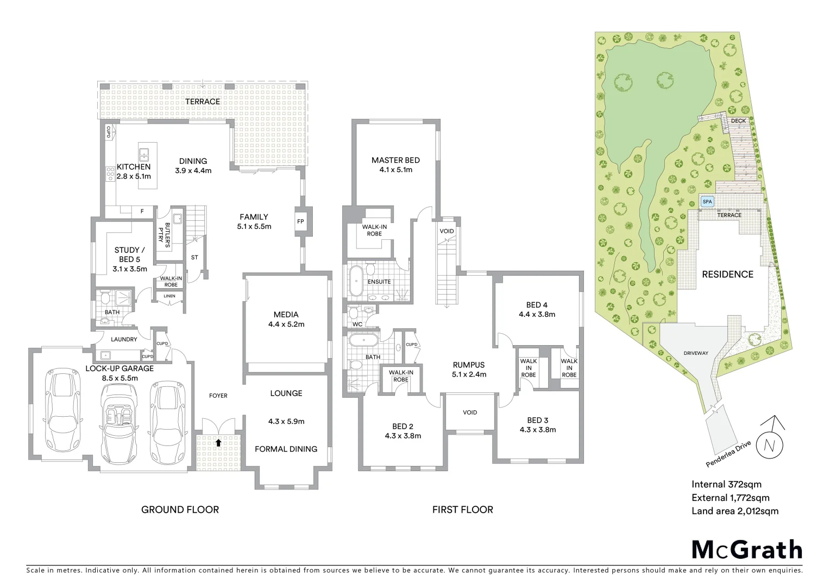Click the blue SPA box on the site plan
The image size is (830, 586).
[x=707, y=201]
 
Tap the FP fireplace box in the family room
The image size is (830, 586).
[x=300, y=221]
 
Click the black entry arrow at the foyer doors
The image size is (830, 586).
[x=218, y=443]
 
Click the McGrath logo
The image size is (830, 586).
[x=746, y=550]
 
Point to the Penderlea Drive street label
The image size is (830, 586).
[x=728, y=454]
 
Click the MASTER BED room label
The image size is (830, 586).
[x=395, y=160]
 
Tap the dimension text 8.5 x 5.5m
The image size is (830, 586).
[x=120, y=378]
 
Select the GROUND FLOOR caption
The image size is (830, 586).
[x=180, y=509]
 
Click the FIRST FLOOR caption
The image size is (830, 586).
[x=462, y=509]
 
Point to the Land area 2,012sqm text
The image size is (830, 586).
[x=734, y=511]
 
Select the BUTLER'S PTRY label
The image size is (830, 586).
[x=164, y=234]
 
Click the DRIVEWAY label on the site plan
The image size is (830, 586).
[x=696, y=353]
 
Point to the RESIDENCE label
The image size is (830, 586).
[x=727, y=275]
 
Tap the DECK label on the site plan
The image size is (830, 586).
[x=738, y=120]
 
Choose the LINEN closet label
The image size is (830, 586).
[x=169, y=296]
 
